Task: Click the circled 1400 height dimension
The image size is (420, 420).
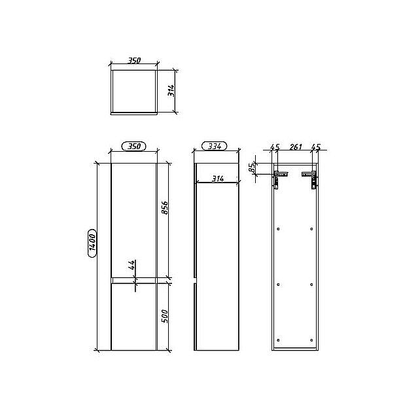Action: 92,243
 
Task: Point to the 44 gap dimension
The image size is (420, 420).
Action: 131,265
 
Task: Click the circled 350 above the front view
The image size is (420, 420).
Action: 133,146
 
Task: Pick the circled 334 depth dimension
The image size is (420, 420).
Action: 214,146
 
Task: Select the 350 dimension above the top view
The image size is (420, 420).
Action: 133,60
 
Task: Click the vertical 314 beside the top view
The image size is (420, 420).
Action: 171,90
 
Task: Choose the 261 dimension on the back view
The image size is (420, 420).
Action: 295,147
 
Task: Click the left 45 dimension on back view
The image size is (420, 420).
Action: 275,147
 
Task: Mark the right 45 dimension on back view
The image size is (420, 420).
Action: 316,147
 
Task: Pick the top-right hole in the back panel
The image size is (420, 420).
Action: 311,229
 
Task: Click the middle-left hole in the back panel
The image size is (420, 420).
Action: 279,284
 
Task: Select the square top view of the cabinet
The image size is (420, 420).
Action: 133,90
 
